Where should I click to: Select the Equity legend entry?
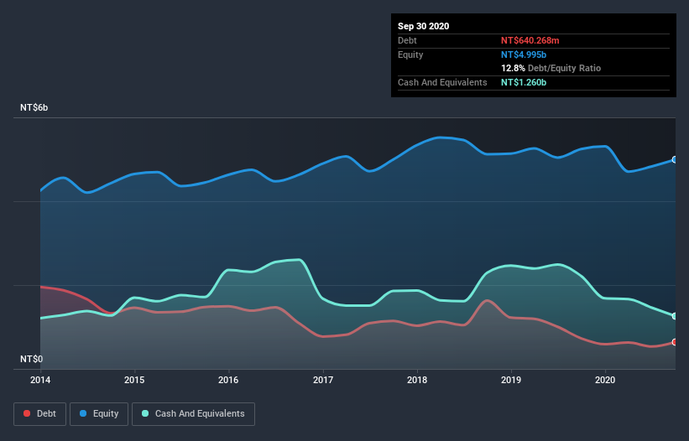tap(100, 413)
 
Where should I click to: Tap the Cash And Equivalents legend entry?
tap(193, 413)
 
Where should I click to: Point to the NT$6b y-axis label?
tap(37, 108)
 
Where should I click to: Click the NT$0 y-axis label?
tap(33, 359)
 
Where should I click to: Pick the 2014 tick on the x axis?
tap(40, 381)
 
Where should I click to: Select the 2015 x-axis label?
tap(134, 381)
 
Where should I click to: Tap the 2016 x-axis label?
tap(228, 381)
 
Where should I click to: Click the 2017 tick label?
tap(322, 381)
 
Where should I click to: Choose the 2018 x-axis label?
tap(417, 381)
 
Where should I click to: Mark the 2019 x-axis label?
tap(511, 381)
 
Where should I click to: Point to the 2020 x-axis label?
tap(605, 381)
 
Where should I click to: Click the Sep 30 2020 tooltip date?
tap(423, 26)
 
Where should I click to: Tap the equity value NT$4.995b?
tap(524, 54)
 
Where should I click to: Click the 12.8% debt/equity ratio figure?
tap(514, 68)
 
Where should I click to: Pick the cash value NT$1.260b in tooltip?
tap(524, 82)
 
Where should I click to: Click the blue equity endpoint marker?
tap(675, 159)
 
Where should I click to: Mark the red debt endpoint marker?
tap(675, 342)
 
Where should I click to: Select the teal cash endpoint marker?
tap(675, 316)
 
